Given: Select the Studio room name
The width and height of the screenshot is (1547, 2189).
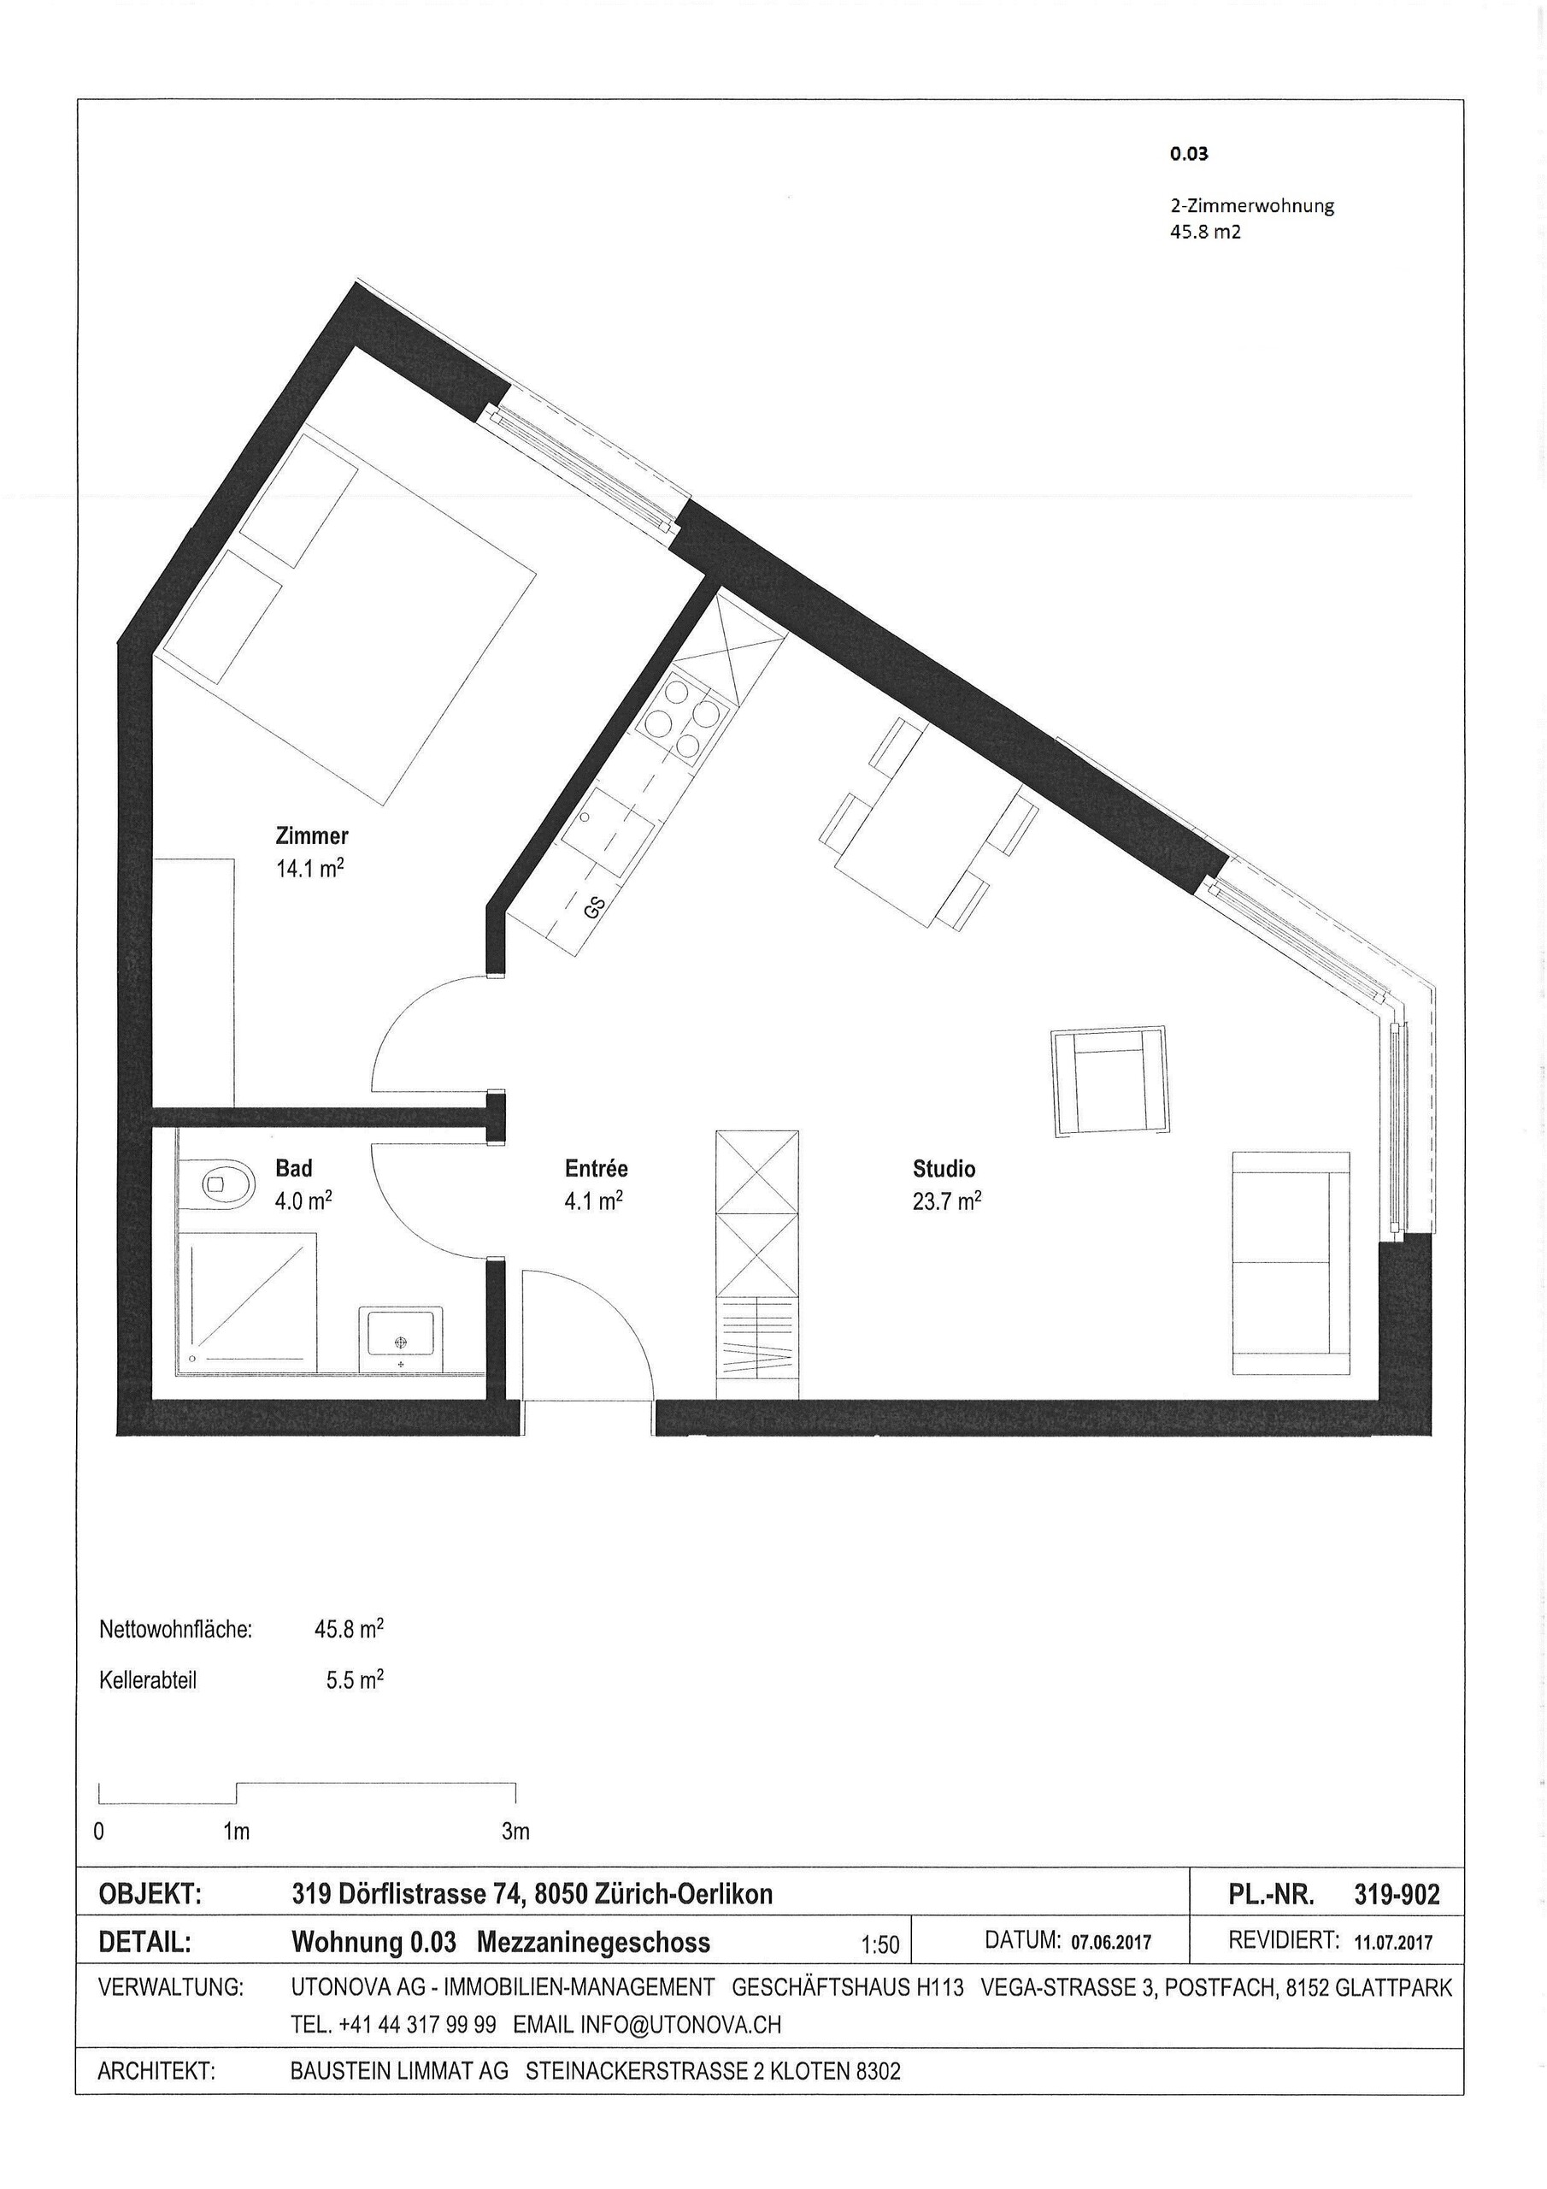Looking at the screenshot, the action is pyautogui.click(x=944, y=1168).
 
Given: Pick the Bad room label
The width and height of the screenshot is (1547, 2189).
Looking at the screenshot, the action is pyautogui.click(x=292, y=1168).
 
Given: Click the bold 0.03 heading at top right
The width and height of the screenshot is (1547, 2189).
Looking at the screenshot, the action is pyautogui.click(x=1189, y=152).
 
